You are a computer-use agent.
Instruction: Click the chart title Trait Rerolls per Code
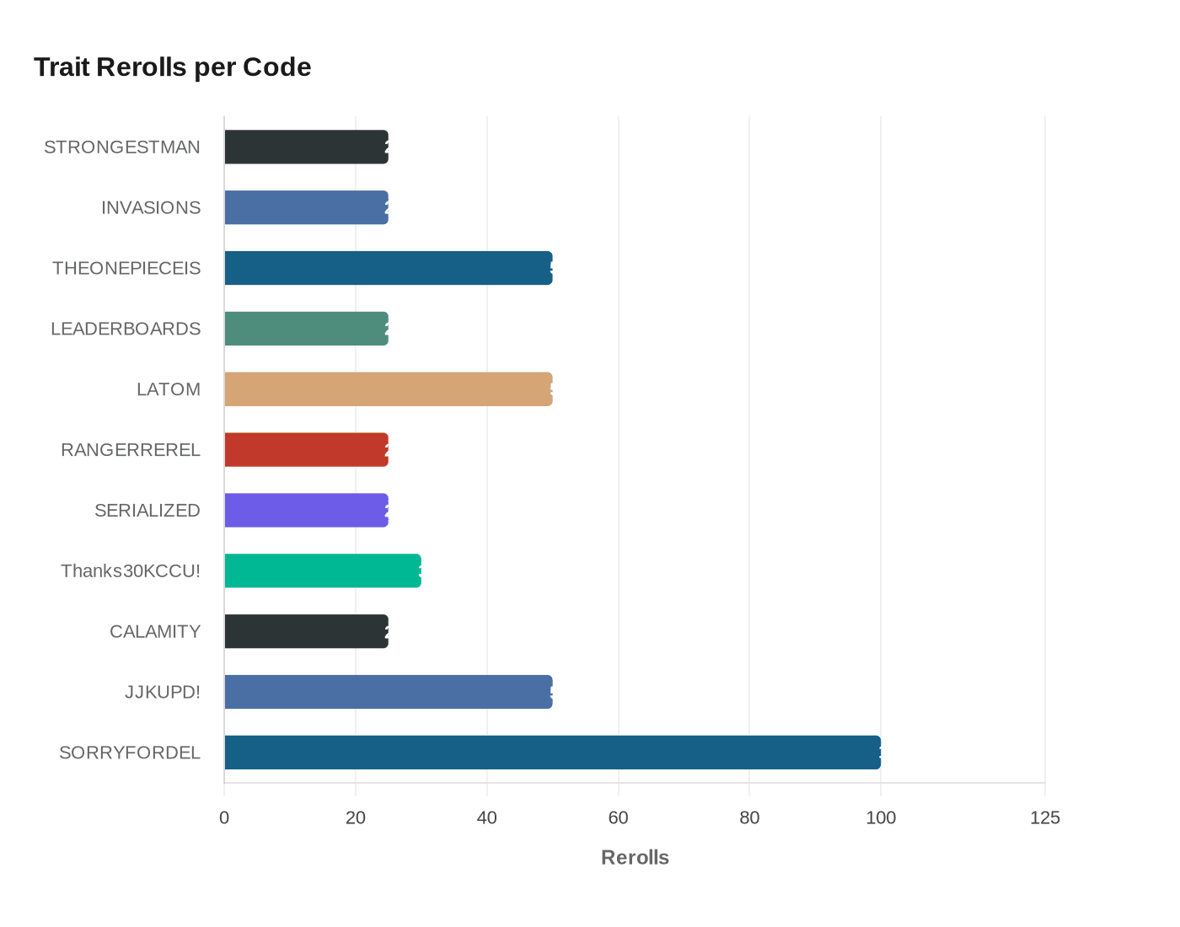click(x=173, y=67)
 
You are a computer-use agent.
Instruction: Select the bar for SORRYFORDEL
click(x=552, y=753)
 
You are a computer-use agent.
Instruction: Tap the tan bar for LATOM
click(x=388, y=389)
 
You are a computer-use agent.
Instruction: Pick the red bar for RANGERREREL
click(x=306, y=450)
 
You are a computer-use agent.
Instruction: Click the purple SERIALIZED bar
click(x=306, y=511)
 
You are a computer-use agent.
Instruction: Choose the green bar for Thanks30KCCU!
click(x=322, y=571)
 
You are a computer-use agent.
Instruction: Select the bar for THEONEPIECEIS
click(x=388, y=268)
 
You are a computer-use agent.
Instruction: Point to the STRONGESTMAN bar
click(x=306, y=147)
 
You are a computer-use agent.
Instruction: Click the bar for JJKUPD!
click(x=388, y=692)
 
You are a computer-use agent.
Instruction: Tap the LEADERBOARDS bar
click(x=306, y=329)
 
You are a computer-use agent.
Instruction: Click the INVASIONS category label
click(x=151, y=208)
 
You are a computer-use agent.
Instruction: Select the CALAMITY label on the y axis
click(x=155, y=632)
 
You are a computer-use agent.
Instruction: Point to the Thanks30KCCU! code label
click(x=131, y=571)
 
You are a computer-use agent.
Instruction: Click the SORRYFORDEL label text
click(x=130, y=753)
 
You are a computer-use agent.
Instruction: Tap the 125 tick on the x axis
click(x=1045, y=817)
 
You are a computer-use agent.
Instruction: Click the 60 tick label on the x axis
click(x=618, y=817)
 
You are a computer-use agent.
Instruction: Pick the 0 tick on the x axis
click(x=224, y=817)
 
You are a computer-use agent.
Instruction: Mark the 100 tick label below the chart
click(x=881, y=817)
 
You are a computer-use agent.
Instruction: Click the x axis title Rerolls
click(x=635, y=858)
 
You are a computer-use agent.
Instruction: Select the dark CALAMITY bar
click(x=306, y=632)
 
